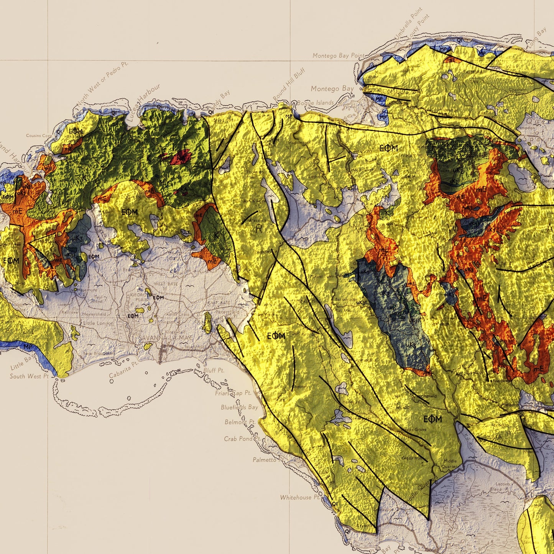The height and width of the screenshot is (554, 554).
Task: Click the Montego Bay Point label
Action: (338, 56)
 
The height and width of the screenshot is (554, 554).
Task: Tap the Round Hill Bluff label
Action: (289, 85)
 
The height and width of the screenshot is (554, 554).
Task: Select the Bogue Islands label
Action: (315, 103)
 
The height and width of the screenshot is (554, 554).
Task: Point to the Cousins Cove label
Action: (39, 136)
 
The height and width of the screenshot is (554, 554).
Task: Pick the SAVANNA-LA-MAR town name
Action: (166, 337)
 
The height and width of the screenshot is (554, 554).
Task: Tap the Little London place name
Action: (99, 323)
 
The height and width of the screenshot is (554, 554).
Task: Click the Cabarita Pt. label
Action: (123, 370)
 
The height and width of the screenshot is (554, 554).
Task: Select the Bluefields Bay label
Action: (240, 407)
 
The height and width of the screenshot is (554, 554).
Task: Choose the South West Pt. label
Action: (29, 376)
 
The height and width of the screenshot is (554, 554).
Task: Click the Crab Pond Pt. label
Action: (242, 439)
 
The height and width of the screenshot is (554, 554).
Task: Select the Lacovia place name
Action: (502, 484)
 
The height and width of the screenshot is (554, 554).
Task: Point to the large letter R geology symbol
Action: (259, 229)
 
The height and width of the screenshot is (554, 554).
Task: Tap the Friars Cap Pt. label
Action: (233, 393)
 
